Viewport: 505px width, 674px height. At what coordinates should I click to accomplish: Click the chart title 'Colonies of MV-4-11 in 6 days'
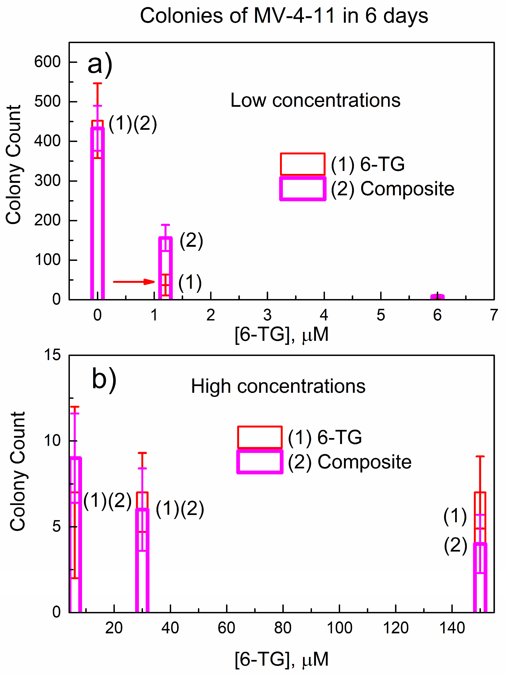284,16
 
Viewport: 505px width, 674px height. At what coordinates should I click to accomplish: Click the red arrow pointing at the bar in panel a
134,281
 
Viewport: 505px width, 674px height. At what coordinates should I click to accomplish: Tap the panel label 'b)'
104,379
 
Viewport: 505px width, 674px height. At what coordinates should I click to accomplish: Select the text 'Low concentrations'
315,100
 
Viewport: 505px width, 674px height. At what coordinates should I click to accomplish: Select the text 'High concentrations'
278,386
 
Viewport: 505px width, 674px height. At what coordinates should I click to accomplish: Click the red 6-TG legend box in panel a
302,164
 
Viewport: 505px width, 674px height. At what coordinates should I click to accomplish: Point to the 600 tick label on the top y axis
47,62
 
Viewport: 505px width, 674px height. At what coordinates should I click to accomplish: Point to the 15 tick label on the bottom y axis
52,355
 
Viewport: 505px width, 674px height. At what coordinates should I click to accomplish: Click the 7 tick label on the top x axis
494,315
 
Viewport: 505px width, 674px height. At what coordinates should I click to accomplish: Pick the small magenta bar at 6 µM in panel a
437,297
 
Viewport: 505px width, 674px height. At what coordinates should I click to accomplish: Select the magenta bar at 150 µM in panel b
480,579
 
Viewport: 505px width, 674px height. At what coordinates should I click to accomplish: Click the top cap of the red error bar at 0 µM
97,83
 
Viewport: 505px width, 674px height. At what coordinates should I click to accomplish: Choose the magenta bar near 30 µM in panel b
142,561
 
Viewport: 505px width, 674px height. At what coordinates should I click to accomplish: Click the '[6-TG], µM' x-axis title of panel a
281,335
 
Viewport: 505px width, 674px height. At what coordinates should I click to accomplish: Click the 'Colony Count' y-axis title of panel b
18,472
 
